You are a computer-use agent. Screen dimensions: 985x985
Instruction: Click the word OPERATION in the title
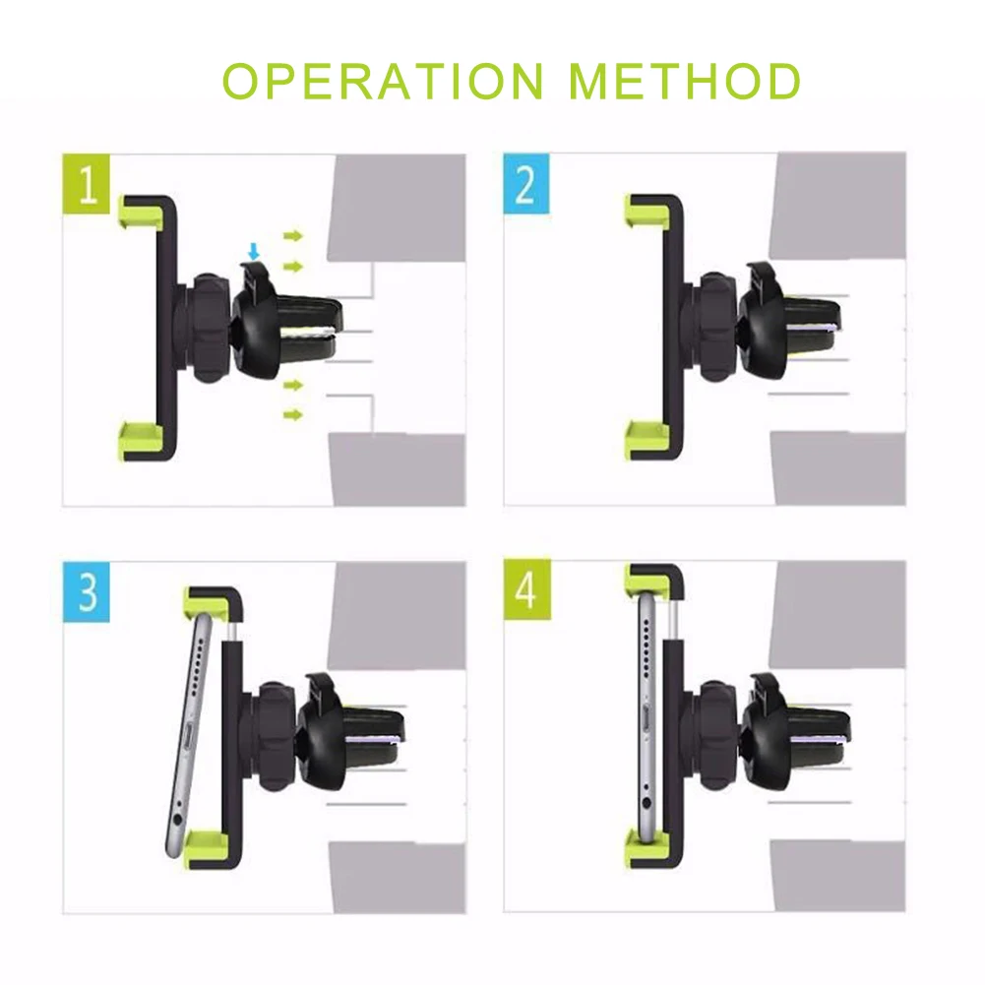383,81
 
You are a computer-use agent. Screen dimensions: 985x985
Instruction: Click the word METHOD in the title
685,81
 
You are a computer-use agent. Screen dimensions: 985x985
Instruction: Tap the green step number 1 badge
87,184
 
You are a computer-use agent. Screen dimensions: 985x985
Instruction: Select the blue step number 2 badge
526,184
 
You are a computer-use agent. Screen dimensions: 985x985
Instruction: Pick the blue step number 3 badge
87,591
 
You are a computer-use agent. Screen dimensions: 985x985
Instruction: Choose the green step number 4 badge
527,589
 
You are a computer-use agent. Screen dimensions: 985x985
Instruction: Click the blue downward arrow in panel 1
253,252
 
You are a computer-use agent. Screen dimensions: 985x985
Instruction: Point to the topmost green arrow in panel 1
292,236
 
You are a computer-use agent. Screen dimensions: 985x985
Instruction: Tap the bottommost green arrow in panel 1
292,414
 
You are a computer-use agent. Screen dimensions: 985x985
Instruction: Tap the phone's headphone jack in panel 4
646,804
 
